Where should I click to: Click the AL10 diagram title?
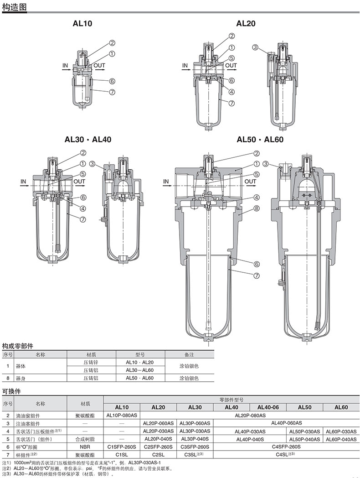82,23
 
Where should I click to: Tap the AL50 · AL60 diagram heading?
260,139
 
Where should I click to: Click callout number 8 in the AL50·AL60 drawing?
257,208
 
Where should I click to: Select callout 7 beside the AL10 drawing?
112,92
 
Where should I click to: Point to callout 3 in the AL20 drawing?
255,47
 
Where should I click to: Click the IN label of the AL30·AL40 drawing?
23,182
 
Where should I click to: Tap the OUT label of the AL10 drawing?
99,66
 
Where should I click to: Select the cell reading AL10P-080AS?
122,415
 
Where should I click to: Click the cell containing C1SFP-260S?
122,447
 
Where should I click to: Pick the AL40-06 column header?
268,407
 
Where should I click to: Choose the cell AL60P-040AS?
341,439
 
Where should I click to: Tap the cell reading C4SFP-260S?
286,447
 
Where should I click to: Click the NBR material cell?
85,447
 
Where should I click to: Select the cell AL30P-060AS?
195,423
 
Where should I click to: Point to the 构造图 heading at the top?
14,6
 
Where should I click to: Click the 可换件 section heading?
11,391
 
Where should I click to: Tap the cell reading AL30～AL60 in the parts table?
140,370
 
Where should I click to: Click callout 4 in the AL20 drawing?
231,92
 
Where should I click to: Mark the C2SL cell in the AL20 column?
159,455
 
